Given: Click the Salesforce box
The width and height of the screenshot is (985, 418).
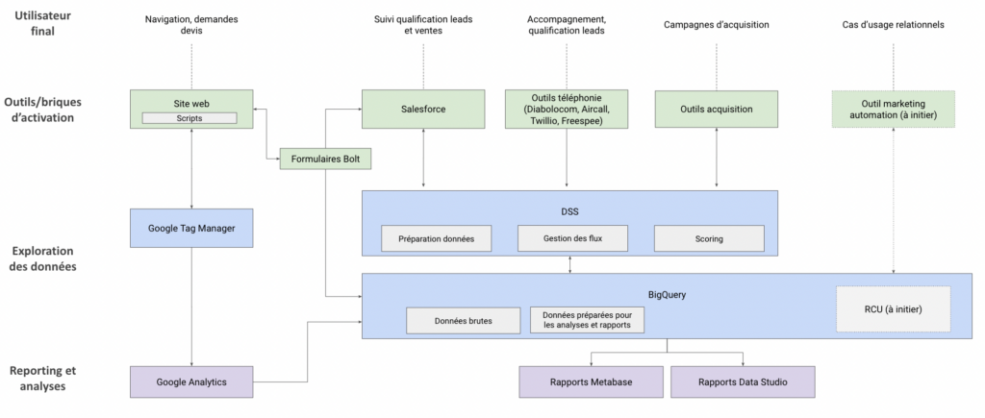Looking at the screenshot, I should [423, 109].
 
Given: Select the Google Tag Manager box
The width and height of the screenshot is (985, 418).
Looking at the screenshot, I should [190, 228].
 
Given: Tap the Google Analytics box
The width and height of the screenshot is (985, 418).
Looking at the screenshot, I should [190, 381].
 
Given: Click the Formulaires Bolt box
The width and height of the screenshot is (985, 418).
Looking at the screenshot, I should [325, 160].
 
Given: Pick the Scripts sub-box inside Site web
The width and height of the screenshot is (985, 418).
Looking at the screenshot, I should [190, 118].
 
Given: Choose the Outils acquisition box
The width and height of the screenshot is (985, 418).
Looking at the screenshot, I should [716, 109].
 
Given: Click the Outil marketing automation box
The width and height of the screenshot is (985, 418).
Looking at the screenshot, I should [894, 109].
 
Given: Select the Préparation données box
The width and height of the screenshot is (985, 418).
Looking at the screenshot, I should [436, 237].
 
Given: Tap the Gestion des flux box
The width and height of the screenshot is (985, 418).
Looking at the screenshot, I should [572, 237].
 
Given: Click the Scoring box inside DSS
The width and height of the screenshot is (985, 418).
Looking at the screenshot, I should [709, 237].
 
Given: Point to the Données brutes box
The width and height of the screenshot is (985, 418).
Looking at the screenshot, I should [463, 321].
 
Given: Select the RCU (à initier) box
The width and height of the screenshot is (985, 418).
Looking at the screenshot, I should [893, 309].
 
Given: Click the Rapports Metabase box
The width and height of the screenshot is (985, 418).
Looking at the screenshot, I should [591, 381].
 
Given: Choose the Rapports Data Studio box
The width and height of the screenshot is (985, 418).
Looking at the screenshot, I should [743, 381].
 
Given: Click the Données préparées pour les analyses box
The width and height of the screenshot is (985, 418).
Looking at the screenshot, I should [587, 321].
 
